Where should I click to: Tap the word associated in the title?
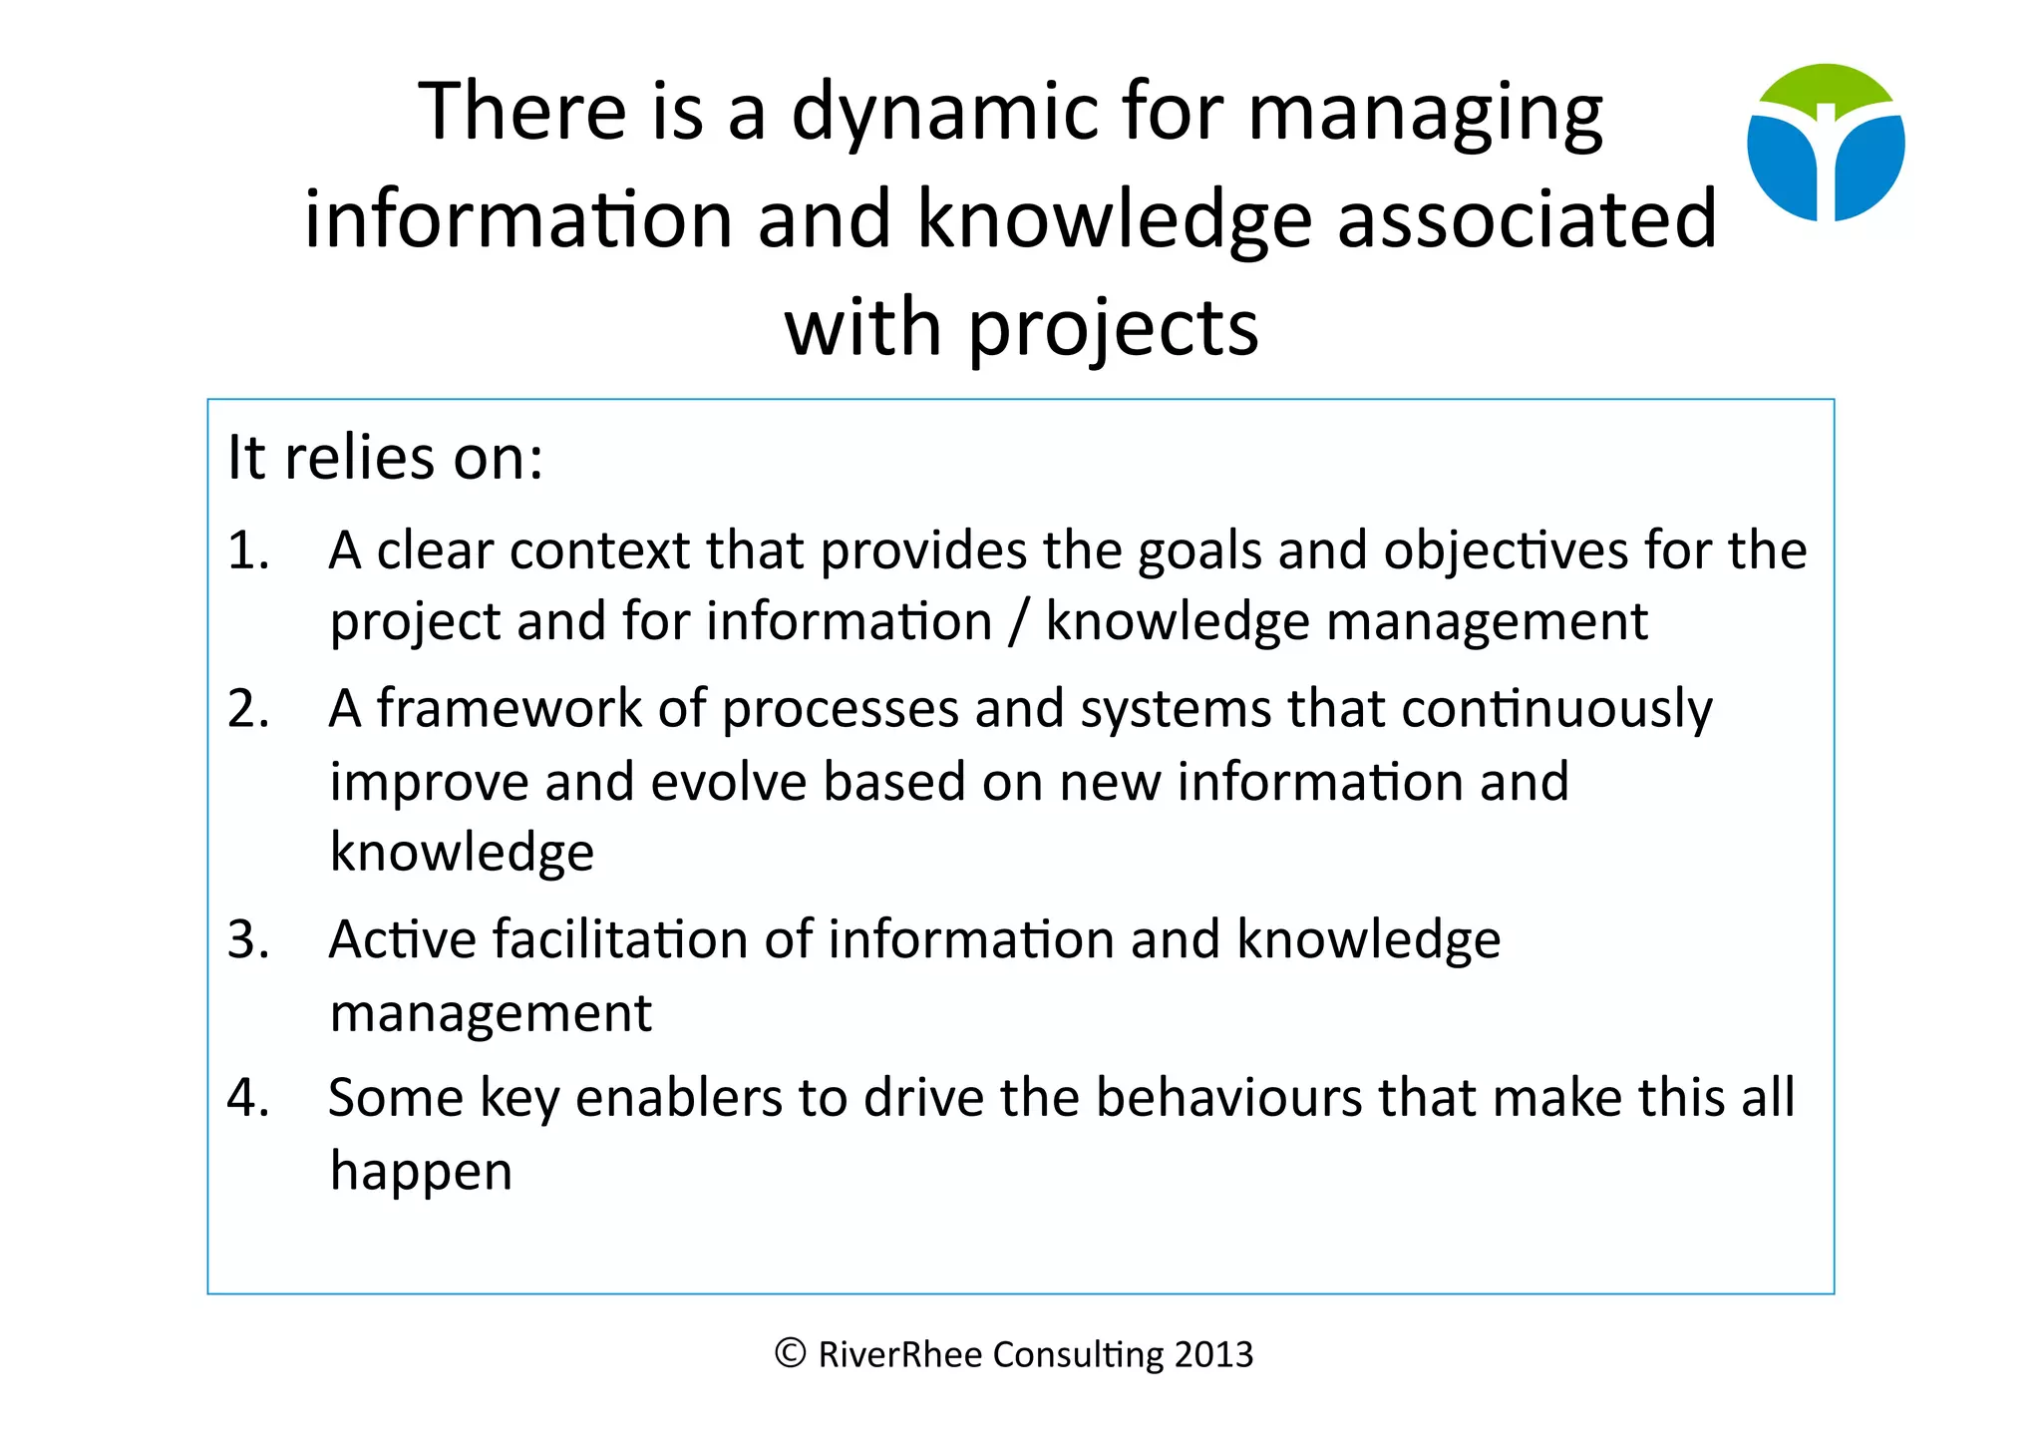(1527, 219)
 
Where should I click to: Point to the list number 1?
(248, 550)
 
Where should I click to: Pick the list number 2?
(248, 709)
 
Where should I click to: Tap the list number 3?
(248, 940)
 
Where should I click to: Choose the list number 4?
(248, 1098)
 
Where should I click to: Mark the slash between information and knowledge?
(1018, 622)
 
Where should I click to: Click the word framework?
(509, 709)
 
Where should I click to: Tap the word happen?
(421, 1171)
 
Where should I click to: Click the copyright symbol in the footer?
(790, 1353)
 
